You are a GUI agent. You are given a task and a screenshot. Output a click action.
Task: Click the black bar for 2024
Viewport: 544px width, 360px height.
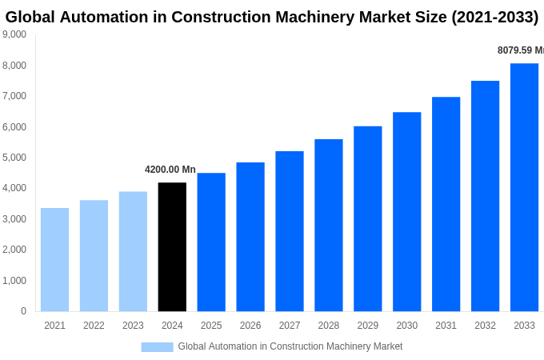point(172,246)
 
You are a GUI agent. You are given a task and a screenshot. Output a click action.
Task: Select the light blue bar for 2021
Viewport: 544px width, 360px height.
point(54,259)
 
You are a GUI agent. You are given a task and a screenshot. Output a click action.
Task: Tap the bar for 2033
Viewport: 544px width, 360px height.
point(524,187)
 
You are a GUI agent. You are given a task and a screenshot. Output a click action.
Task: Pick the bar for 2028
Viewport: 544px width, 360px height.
point(329,225)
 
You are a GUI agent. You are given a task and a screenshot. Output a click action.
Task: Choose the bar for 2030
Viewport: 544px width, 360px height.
point(406,211)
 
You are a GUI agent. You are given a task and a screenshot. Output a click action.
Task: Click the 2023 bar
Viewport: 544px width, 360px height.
point(133,251)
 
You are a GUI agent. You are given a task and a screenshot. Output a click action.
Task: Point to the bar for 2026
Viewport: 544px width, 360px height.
point(250,237)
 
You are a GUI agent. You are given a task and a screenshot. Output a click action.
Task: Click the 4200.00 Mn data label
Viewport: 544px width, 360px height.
point(170,170)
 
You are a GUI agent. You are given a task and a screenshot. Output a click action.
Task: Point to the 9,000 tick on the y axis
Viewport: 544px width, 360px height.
point(14,34)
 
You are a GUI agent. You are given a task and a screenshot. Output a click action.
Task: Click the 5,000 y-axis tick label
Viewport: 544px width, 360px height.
point(14,158)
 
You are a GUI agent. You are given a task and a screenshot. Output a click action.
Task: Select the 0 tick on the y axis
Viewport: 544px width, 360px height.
point(23,311)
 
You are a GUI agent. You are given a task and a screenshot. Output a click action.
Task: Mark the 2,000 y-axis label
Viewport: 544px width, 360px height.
point(14,250)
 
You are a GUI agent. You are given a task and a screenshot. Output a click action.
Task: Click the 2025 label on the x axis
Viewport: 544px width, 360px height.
point(211,326)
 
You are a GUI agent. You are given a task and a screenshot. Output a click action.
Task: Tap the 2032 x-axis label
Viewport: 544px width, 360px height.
point(485,326)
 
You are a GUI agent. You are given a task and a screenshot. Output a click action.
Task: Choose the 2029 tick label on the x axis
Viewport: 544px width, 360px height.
point(368,326)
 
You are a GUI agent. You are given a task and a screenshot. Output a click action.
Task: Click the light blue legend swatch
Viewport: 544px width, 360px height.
point(157,346)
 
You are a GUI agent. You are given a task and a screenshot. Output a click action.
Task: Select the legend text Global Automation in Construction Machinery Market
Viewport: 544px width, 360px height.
point(290,346)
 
